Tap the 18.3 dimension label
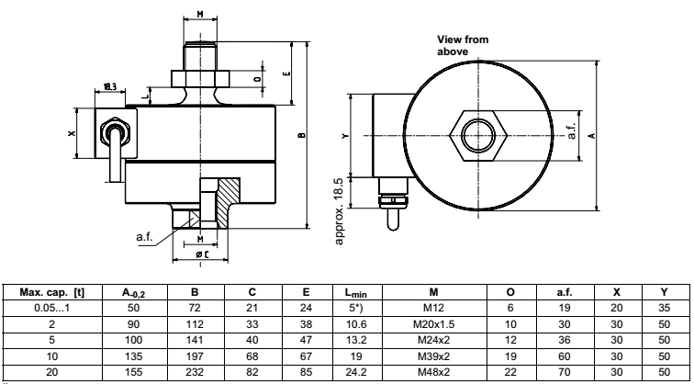point(110,86)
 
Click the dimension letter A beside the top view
point(591,134)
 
